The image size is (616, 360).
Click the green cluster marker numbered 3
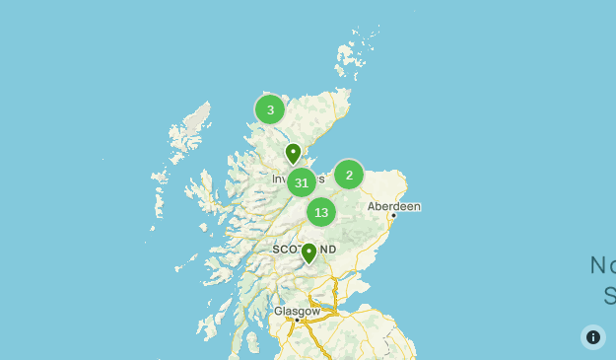click(270, 109)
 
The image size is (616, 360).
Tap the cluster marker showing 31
click(302, 182)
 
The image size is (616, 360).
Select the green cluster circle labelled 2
click(349, 175)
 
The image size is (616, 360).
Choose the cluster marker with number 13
click(321, 212)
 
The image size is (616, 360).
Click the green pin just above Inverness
click(293, 153)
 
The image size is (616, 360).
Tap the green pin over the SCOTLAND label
click(309, 253)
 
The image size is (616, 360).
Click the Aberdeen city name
click(393, 206)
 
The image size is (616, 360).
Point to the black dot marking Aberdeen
click(393, 215)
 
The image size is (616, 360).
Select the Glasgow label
click(297, 311)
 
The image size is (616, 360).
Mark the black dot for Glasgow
click(297, 320)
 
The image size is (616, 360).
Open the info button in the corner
click(593, 337)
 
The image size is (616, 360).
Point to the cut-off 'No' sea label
click(603, 264)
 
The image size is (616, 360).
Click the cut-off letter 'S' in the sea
click(609, 295)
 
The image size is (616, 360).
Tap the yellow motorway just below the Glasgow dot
click(299, 328)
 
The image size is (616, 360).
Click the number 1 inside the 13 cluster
click(317, 212)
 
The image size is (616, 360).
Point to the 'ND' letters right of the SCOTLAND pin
click(328, 250)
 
